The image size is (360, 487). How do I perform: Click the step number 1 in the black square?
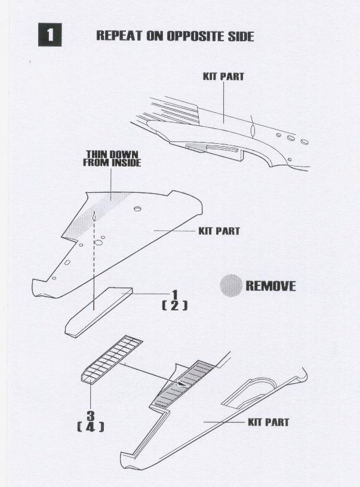(50, 35)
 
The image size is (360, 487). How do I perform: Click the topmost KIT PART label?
(224, 77)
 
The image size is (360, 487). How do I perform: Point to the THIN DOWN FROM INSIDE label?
(112, 158)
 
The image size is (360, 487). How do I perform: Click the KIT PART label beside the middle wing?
(219, 230)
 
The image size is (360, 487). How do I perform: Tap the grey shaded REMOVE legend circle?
(230, 285)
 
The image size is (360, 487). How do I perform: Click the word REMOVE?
(270, 286)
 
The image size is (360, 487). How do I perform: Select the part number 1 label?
(175, 295)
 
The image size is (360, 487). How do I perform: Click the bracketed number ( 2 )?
(175, 306)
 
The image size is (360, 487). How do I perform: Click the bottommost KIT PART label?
(268, 422)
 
